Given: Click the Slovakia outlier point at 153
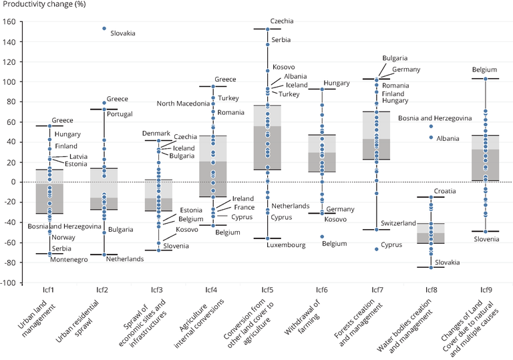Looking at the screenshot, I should (x=104, y=29).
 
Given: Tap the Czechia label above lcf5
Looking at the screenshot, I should (x=282, y=21).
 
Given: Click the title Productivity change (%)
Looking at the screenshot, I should (x=45, y=5).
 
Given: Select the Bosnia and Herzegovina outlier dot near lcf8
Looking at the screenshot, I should (x=432, y=126).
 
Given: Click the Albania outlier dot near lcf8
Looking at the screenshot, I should (x=432, y=138).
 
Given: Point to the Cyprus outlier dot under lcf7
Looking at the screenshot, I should (x=377, y=249).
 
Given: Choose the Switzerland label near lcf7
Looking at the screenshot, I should (x=399, y=223).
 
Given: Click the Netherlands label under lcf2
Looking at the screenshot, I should (x=125, y=259).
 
